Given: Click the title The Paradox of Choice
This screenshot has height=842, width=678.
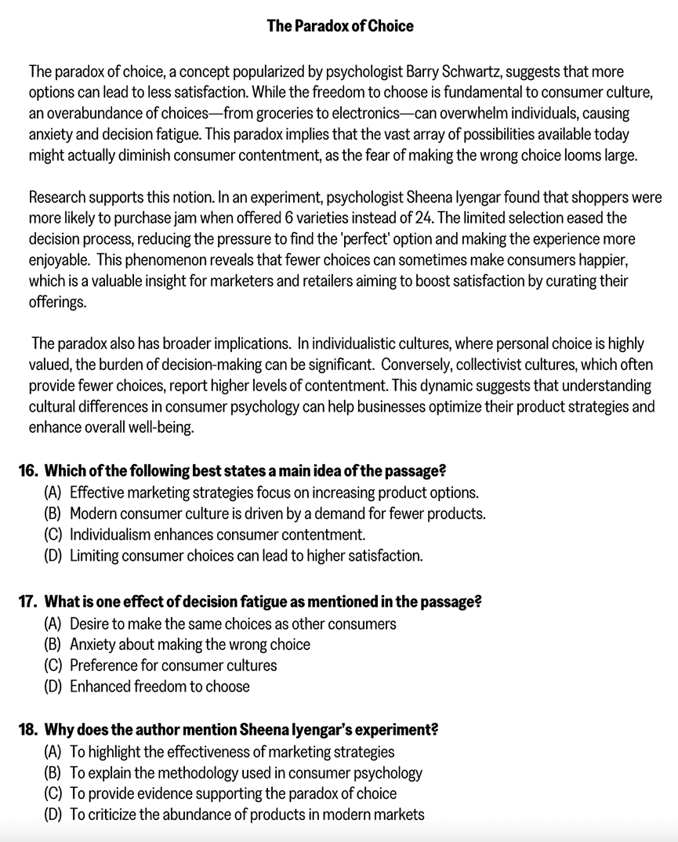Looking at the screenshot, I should [339, 26].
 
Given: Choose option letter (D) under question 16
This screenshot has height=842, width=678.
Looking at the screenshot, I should [54, 556].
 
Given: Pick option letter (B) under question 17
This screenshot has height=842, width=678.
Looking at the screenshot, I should [54, 644].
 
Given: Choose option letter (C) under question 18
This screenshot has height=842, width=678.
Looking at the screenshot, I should [54, 793].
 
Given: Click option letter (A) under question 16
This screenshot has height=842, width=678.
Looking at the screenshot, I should [54, 492].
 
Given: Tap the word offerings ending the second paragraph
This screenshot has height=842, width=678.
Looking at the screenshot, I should [57, 302].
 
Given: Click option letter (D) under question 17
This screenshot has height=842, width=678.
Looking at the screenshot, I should [54, 686].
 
